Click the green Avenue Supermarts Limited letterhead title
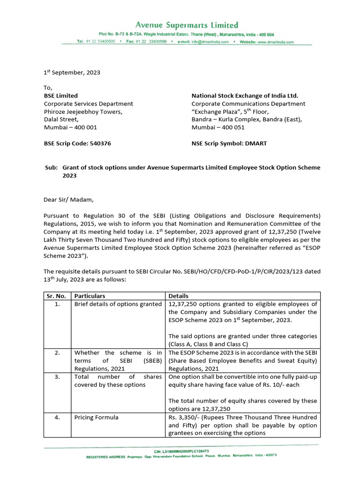tap(187, 25)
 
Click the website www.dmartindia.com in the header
tap(274, 42)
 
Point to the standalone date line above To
tap(72, 73)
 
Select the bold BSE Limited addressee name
tap(61, 96)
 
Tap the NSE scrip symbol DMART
tap(256, 143)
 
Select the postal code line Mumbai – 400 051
tap(218, 127)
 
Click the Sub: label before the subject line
tap(51, 167)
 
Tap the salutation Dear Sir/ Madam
tap(69, 200)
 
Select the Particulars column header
tap(90, 296)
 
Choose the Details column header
tap(178, 296)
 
